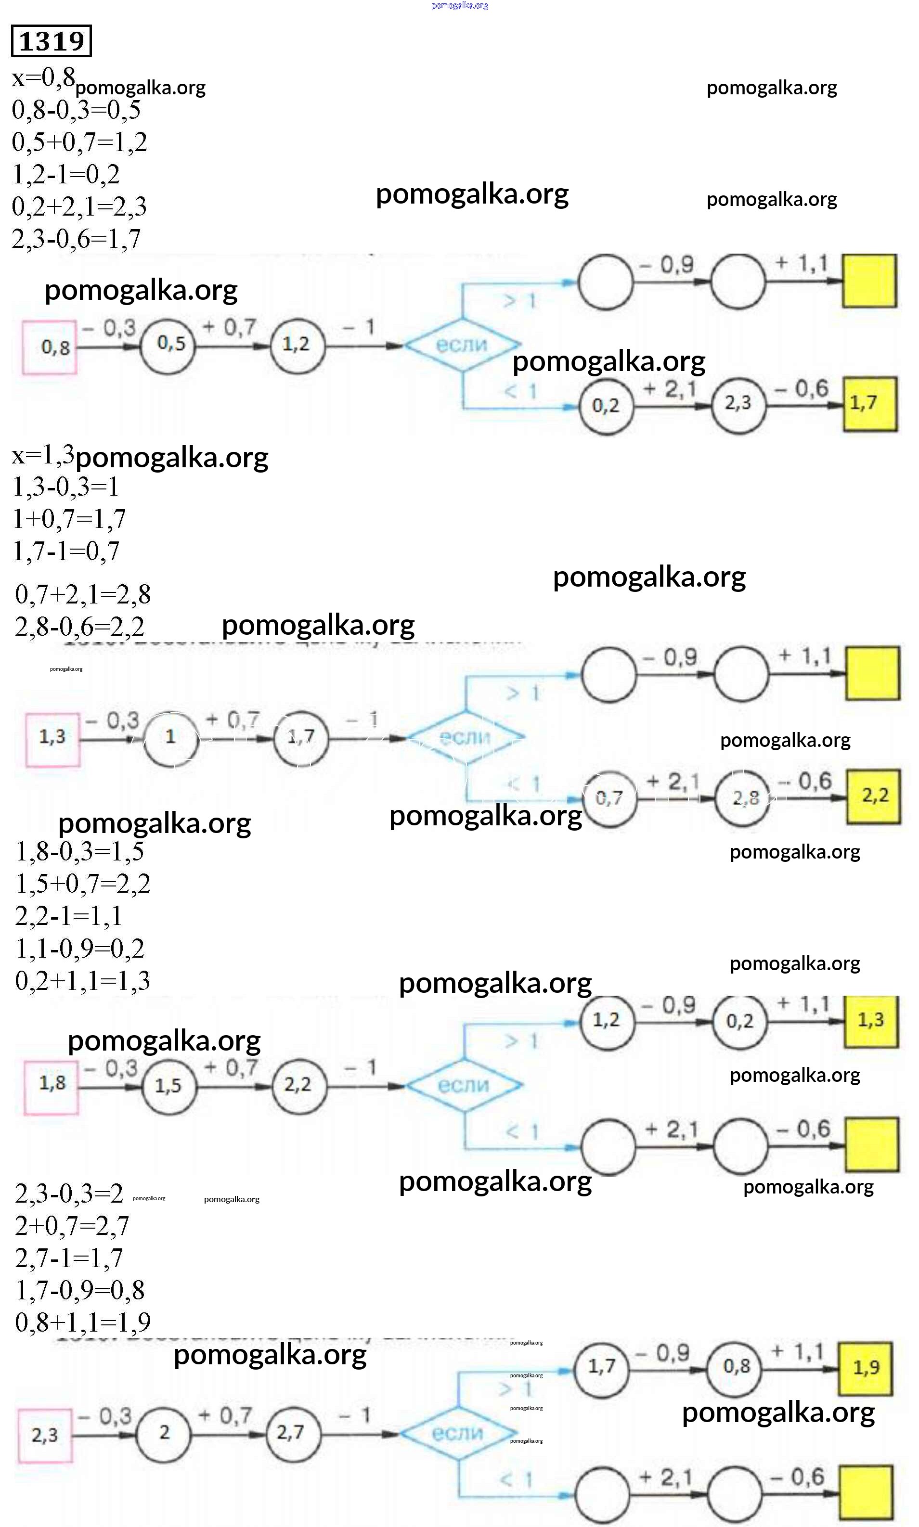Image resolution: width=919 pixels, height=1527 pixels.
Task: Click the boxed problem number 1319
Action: (52, 41)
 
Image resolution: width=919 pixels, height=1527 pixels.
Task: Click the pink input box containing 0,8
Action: (50, 347)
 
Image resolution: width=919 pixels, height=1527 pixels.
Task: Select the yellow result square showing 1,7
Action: (869, 404)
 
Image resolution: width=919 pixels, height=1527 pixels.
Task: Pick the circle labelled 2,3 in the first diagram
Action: (738, 404)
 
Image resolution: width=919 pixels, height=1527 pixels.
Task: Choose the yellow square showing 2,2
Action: (873, 796)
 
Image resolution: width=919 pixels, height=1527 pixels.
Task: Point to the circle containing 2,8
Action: (742, 798)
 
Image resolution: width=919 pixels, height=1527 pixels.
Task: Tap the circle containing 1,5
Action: (168, 1086)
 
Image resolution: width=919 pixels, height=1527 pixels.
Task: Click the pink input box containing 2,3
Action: (45, 1434)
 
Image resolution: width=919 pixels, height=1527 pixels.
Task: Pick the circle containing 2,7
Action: (291, 1432)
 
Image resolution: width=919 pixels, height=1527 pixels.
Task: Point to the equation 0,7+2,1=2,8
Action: (83, 594)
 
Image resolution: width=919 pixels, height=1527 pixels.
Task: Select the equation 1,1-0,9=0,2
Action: (80, 948)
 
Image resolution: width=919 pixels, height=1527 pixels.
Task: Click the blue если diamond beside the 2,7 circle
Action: (458, 1433)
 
